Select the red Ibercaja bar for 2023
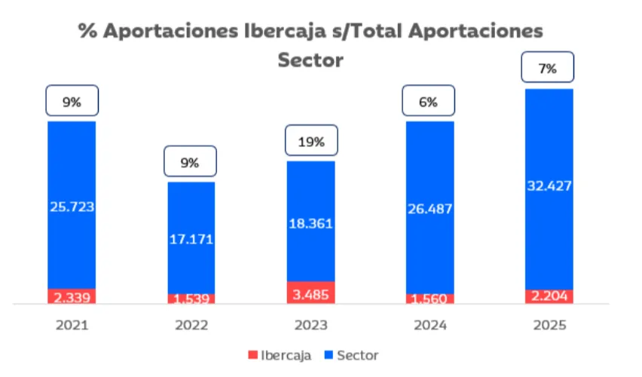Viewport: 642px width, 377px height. pyautogui.click(x=310, y=293)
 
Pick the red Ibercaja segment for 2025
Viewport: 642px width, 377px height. pyautogui.click(x=549, y=296)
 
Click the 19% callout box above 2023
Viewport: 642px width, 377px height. pyautogui.click(x=310, y=142)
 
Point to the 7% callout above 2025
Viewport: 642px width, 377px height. pyautogui.click(x=548, y=69)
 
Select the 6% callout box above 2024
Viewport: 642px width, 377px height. pyautogui.click(x=428, y=103)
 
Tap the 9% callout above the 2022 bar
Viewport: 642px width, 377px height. pyautogui.click(x=190, y=162)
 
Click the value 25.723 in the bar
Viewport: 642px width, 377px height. pyautogui.click(x=72, y=206)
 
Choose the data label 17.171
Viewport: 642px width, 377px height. pyautogui.click(x=191, y=240)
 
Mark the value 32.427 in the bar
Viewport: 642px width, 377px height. pyautogui.click(x=549, y=186)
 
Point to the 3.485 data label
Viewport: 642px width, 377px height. pyautogui.click(x=310, y=293)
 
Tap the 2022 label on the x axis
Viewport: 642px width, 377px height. pyautogui.click(x=191, y=326)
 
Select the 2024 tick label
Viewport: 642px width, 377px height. pyautogui.click(x=430, y=326)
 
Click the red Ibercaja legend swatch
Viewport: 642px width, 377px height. pyautogui.click(x=253, y=354)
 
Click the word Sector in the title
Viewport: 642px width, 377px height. pyautogui.click(x=310, y=60)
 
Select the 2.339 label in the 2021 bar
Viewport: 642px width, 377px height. pyautogui.click(x=72, y=298)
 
